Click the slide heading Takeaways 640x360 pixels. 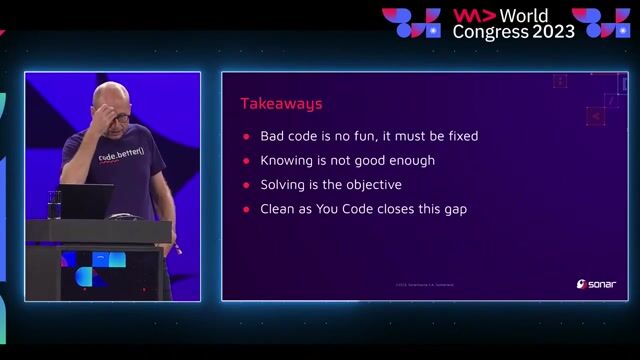tap(281, 103)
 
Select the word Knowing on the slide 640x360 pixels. tap(288, 160)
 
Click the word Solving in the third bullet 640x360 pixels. tap(284, 185)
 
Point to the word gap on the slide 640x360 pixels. tap(454, 209)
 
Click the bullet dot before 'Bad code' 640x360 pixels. tap(246, 136)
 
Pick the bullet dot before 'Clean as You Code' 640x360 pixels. tap(246, 209)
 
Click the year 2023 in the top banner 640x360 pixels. tap(554, 31)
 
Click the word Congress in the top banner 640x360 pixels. tap(490, 31)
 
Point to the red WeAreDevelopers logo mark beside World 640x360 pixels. tap(474, 15)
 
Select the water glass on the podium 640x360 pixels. tap(54, 203)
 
